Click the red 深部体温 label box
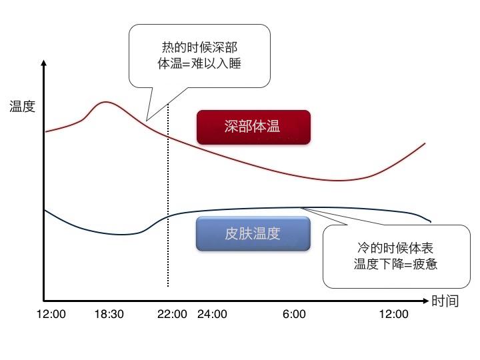(x=253, y=127)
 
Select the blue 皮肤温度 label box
(x=253, y=233)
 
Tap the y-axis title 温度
(x=22, y=106)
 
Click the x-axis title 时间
(x=445, y=301)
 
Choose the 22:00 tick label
(x=172, y=315)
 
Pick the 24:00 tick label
(x=212, y=315)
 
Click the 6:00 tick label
(x=294, y=315)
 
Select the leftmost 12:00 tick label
(x=51, y=315)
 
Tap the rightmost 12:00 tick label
(x=393, y=315)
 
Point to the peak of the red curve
(x=105, y=102)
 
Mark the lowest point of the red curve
(x=339, y=180)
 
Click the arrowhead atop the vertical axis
(x=44, y=64)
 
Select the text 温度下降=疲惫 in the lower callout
(x=395, y=263)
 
